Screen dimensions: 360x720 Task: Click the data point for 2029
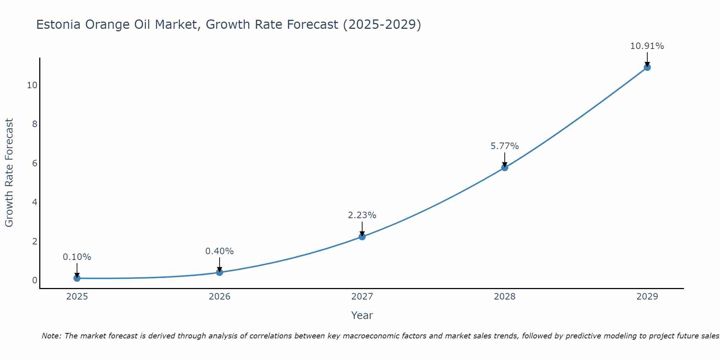point(647,67)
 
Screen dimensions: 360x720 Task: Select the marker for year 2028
point(504,167)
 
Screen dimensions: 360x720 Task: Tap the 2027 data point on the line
point(362,237)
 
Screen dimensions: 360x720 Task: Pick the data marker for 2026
point(220,272)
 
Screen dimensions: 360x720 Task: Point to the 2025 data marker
point(77,278)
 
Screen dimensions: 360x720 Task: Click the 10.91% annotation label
point(647,46)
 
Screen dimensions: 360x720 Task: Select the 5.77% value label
point(504,146)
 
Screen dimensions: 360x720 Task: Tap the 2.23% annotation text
point(362,215)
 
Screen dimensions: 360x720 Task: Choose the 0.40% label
point(220,251)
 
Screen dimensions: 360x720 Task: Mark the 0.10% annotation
point(77,257)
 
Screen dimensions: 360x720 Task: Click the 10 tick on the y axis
point(32,85)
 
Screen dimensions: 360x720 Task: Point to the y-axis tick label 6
point(35,163)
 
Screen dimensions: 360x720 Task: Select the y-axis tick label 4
point(35,202)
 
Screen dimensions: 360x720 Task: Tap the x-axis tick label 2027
point(362,297)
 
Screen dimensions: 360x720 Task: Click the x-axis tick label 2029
point(647,297)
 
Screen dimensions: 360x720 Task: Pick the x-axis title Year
point(362,315)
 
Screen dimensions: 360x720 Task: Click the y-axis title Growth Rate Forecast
point(9,173)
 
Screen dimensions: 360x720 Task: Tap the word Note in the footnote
point(51,336)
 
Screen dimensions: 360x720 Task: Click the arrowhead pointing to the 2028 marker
point(504,165)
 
